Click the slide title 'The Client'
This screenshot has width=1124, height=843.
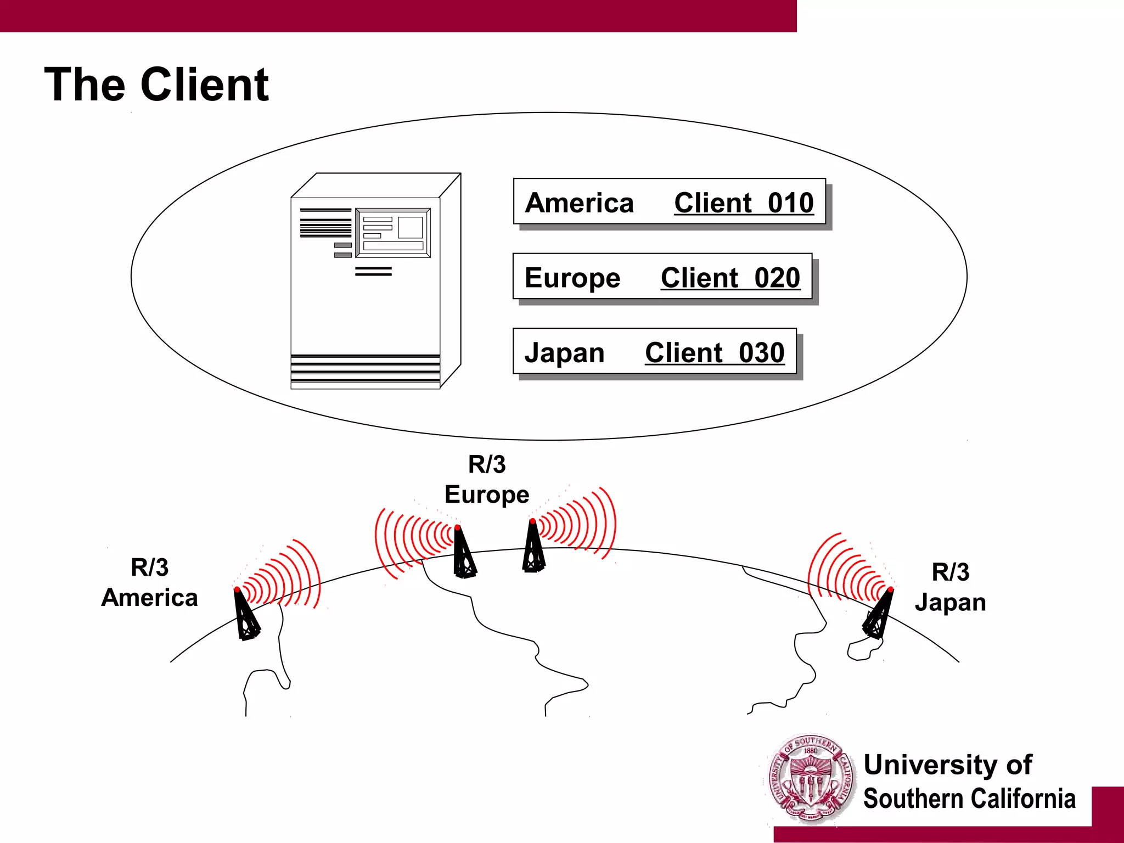(156, 85)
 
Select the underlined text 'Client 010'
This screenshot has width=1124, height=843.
(744, 203)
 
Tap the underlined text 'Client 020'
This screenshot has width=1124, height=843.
(730, 278)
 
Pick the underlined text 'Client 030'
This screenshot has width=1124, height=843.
(715, 352)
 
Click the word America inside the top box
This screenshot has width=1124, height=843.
(579, 203)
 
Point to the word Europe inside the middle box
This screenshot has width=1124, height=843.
(572, 278)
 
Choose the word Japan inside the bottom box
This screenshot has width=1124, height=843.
(564, 352)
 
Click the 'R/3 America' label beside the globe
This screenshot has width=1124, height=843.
(149, 582)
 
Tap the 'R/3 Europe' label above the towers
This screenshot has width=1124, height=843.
(487, 479)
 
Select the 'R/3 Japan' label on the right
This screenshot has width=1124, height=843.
(950, 587)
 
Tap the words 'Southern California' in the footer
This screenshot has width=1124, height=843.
(969, 799)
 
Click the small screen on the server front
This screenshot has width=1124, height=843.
(393, 233)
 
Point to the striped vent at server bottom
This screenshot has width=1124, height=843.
(365, 371)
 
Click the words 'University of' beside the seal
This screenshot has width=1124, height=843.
(948, 765)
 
